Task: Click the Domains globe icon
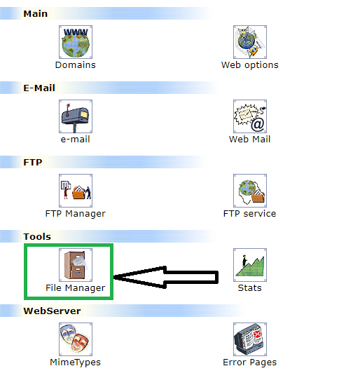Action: [76, 42]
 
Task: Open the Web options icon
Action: [250, 42]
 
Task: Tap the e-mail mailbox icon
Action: [76, 116]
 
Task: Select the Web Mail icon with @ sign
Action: [250, 116]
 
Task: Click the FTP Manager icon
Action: [76, 191]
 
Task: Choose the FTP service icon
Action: [250, 191]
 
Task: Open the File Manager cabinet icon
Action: [76, 265]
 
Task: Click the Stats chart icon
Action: [250, 265]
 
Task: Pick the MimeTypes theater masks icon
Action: [76, 339]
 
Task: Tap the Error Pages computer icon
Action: [250, 339]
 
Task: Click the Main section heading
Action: [36, 13]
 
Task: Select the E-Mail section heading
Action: [39, 88]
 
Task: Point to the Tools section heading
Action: [37, 237]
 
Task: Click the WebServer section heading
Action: [52, 311]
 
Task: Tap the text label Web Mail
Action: [250, 139]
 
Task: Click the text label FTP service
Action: [250, 214]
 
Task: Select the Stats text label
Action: [250, 288]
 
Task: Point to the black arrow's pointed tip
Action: [114, 277]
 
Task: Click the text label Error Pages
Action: [250, 362]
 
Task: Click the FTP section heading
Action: [33, 162]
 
